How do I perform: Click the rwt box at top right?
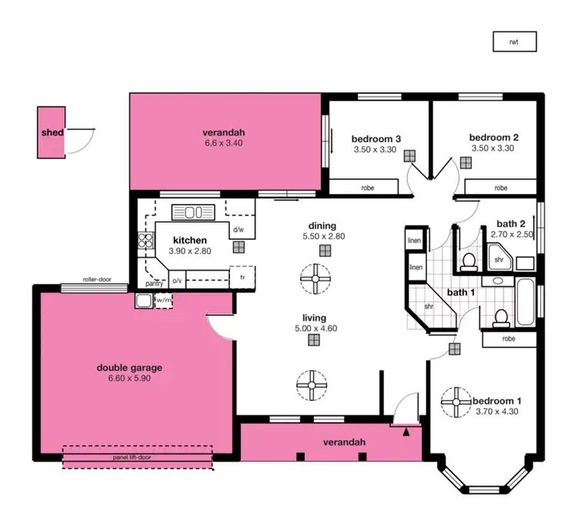click(514, 42)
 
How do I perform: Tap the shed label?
click(52, 132)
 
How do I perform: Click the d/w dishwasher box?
click(238, 229)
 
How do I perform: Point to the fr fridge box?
click(242, 276)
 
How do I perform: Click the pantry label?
click(155, 282)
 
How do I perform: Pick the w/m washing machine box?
click(165, 300)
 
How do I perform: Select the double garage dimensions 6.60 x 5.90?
click(129, 379)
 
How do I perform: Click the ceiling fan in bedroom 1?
click(456, 402)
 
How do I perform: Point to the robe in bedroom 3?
click(365, 187)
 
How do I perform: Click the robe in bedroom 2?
click(501, 187)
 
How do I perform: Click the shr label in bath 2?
click(499, 259)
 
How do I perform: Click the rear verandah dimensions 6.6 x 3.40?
click(223, 142)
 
